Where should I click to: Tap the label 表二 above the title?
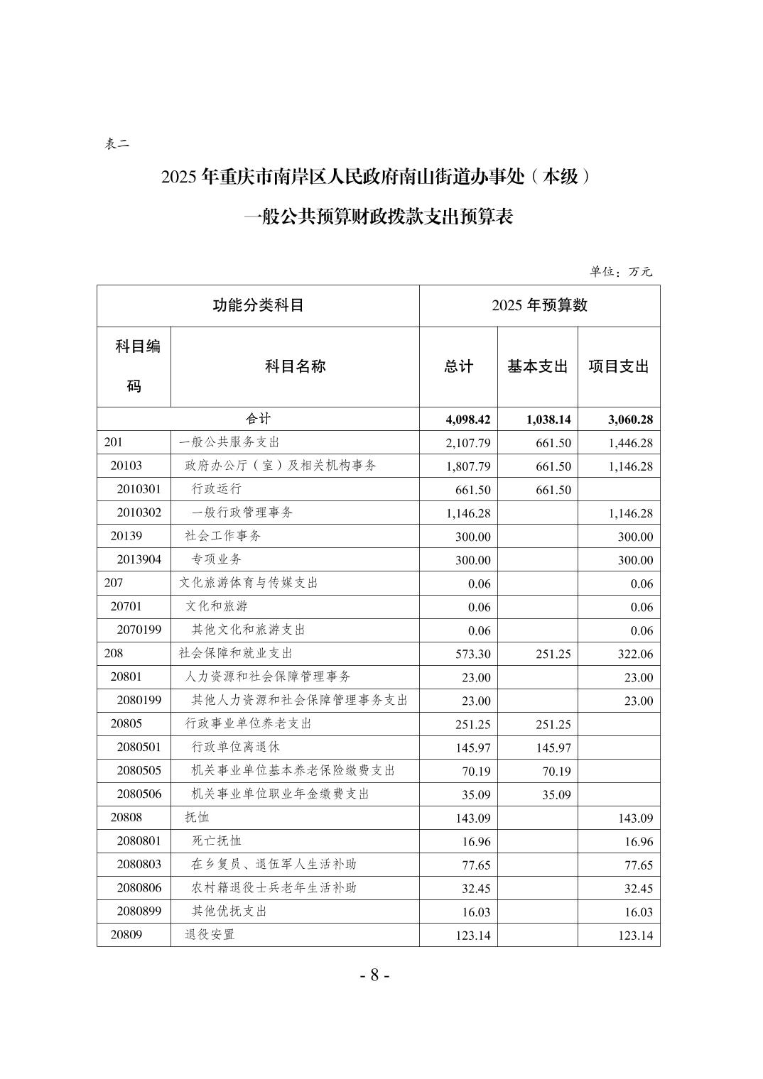117,144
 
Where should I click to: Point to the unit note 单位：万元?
620,271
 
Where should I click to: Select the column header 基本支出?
537,367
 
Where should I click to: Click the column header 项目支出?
619,367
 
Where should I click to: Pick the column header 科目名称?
295,366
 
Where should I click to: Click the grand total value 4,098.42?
467,420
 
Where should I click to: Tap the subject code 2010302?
139,513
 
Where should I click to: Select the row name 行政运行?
217,489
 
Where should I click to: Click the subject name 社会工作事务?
223,536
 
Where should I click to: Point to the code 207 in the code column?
114,583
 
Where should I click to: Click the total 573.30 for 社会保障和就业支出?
473,654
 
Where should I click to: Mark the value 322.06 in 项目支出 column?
636,654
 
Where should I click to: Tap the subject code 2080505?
139,770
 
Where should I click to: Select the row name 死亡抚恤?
217,840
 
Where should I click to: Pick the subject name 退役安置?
210,935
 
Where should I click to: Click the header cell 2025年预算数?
539,306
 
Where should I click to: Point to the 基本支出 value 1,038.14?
548,420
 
